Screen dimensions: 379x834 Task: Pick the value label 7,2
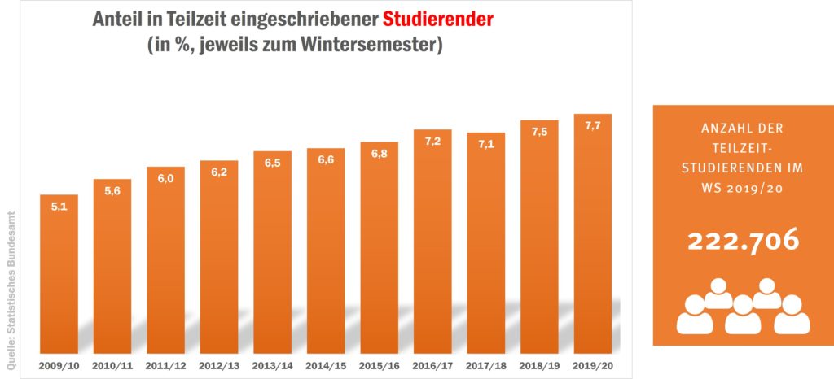point(432,142)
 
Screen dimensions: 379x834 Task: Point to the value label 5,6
point(112,190)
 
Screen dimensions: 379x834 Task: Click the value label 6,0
point(165,179)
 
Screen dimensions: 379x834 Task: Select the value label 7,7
point(592,125)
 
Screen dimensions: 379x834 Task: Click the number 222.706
point(741,242)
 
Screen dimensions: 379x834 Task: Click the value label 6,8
point(379,154)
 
